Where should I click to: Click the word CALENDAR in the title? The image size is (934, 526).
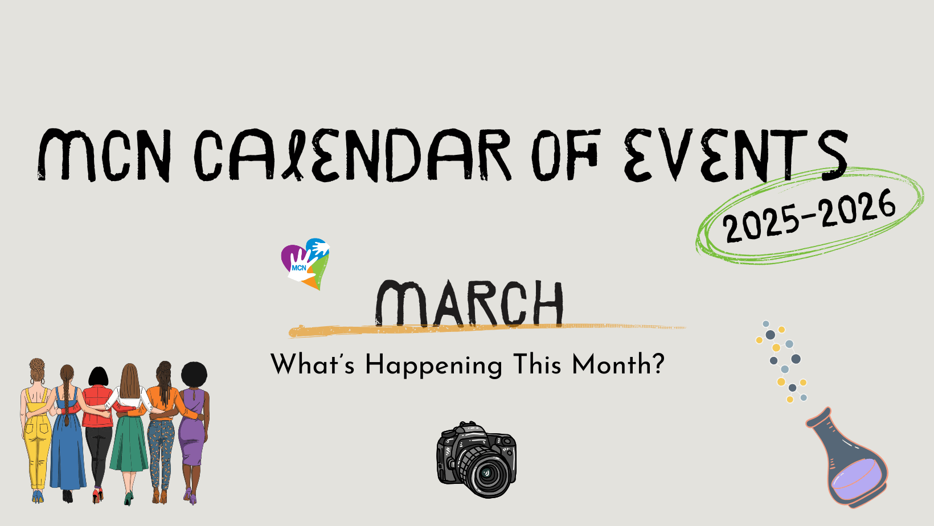[353, 155]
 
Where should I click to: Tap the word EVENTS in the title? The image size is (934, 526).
[736, 155]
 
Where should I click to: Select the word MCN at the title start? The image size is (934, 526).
[104, 155]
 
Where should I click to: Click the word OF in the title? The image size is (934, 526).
[566, 155]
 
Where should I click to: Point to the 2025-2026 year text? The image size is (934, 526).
[809, 216]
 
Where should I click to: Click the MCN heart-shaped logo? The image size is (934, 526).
[305, 264]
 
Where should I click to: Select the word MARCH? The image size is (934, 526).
[469, 303]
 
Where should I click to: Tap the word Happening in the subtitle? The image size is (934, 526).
[433, 365]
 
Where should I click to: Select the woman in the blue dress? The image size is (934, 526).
[67, 433]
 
